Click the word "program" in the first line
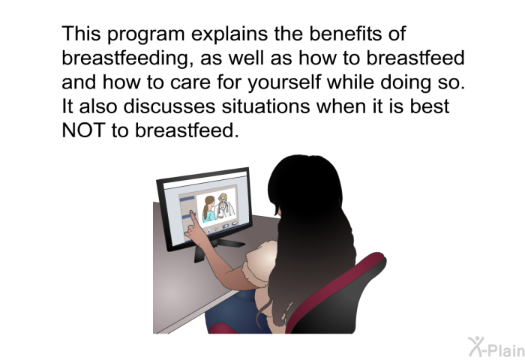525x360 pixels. [x=146, y=34]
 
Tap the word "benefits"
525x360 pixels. [x=345, y=34]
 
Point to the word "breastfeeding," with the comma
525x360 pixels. [x=127, y=58]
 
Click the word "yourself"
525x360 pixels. [x=284, y=82]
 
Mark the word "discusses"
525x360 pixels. [x=169, y=106]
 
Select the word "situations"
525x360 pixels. [x=266, y=106]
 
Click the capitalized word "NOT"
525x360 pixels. [x=84, y=130]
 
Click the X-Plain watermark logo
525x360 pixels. [x=496, y=347]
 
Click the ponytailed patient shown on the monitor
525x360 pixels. [x=208, y=210]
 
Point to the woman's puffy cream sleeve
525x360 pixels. [x=259, y=265]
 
